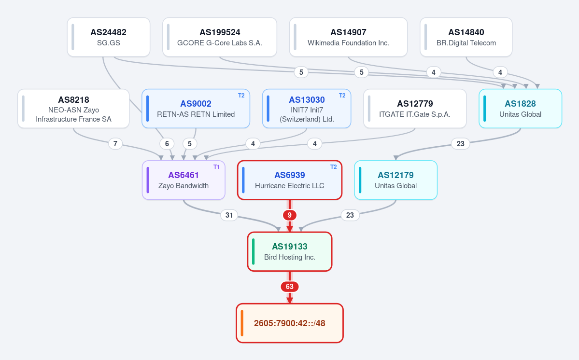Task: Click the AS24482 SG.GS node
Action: (x=109, y=37)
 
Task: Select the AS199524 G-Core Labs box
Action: (x=220, y=37)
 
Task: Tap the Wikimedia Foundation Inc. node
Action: (x=348, y=37)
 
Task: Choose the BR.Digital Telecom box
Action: (x=466, y=37)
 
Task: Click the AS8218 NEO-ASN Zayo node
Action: (x=73, y=109)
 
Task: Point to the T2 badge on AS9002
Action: (x=241, y=96)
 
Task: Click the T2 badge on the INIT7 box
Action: (x=342, y=96)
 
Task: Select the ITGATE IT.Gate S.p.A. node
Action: (x=415, y=109)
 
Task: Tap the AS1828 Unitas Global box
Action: (x=520, y=109)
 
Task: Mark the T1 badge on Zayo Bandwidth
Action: (x=216, y=167)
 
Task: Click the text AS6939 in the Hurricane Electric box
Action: (x=290, y=175)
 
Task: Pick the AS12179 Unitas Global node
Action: (x=396, y=180)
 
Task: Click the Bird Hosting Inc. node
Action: (x=290, y=251)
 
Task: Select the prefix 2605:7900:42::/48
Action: (x=290, y=323)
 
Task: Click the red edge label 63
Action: (x=290, y=287)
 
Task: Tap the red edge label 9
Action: (x=290, y=215)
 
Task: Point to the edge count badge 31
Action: (x=229, y=215)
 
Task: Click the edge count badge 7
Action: (x=115, y=143)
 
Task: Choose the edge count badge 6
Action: (x=167, y=143)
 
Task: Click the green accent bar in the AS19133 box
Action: (x=254, y=251)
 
